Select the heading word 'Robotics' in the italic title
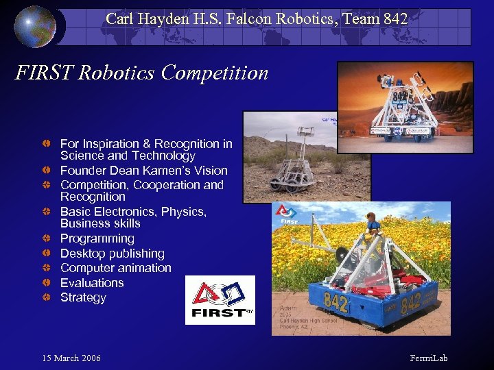click(x=114, y=73)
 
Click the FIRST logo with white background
click(x=220, y=300)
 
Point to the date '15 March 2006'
click(x=71, y=358)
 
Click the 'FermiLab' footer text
click(x=428, y=358)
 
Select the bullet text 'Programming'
click(x=97, y=238)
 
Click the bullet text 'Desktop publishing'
click(x=112, y=254)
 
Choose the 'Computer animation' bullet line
click(x=115, y=268)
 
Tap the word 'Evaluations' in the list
click(x=92, y=283)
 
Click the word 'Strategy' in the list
click(x=83, y=297)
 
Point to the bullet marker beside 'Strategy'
click(x=45, y=297)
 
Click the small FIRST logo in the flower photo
click(x=286, y=215)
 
